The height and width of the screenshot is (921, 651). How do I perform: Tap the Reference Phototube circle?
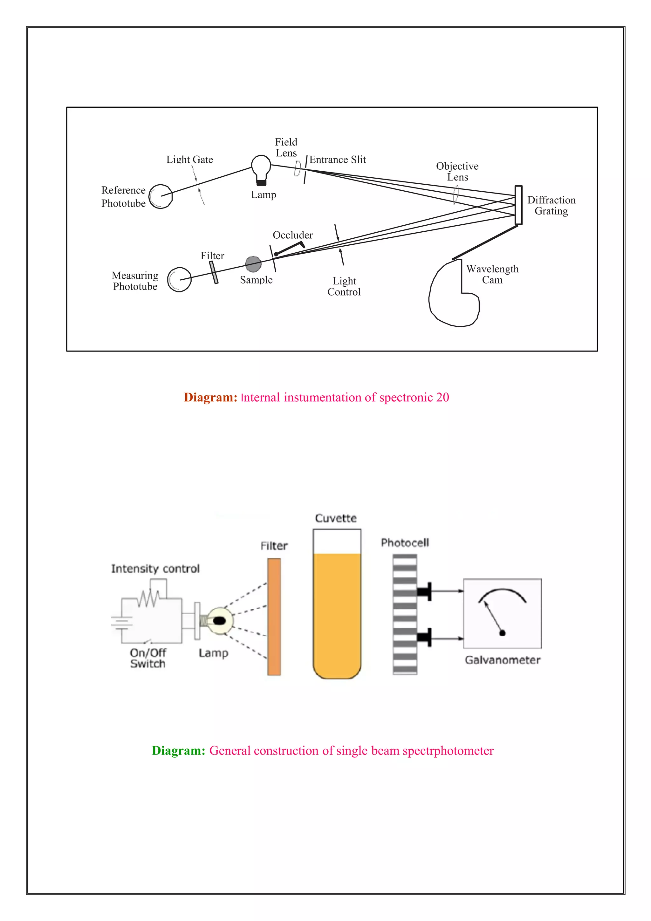click(161, 196)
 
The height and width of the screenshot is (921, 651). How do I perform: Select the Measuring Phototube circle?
click(179, 280)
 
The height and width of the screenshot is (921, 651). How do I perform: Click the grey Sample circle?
click(253, 264)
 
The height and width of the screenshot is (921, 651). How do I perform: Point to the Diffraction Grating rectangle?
click(518, 205)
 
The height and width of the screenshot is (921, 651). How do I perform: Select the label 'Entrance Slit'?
click(337, 160)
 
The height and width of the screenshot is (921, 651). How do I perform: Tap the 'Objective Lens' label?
click(457, 172)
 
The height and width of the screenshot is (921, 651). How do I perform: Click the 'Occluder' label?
click(292, 235)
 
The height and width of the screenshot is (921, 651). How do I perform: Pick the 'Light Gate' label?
click(190, 160)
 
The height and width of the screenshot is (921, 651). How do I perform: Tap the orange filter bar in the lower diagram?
click(274, 617)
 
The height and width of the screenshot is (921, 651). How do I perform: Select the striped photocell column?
click(405, 614)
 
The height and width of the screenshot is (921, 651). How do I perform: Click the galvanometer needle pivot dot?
click(502, 633)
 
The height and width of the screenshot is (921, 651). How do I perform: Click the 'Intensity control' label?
click(155, 569)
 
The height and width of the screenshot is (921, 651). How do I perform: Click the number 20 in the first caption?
click(442, 397)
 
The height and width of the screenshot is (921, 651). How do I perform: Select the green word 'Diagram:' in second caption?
click(179, 751)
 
